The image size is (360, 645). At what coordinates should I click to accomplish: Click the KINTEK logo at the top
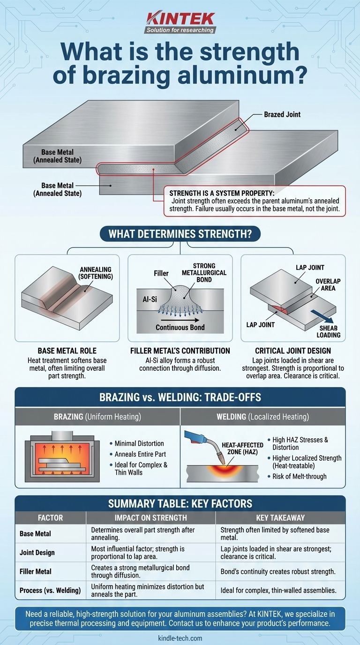coord(181,22)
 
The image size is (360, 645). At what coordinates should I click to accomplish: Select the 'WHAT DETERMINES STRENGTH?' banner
coord(180,233)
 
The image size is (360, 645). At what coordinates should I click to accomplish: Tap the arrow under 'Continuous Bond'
coord(180,319)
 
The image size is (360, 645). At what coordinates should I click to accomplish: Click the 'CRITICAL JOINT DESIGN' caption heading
coord(293,351)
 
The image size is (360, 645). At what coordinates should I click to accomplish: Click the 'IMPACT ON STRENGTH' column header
coord(150,517)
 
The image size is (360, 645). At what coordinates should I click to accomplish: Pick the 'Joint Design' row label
coord(37,553)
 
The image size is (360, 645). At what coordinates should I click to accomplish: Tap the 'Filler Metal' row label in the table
coord(36,571)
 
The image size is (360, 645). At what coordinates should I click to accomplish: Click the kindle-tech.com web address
coord(180,638)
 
